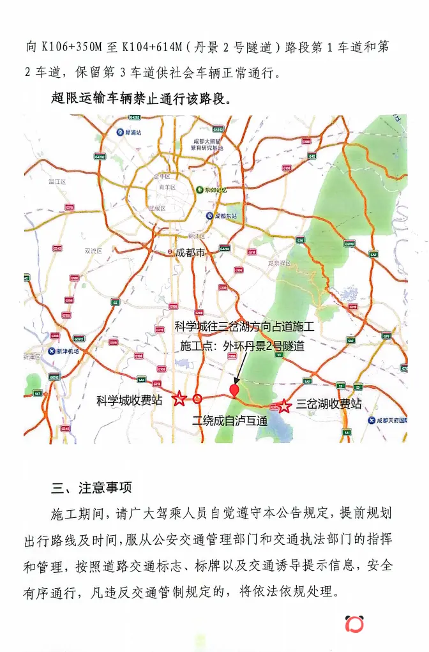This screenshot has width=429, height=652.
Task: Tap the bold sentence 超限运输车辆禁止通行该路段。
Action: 140,100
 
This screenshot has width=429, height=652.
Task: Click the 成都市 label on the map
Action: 189,253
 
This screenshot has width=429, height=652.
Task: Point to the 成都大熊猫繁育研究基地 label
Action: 207,144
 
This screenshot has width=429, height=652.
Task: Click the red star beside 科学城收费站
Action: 180,399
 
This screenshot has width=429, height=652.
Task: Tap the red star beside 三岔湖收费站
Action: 285,405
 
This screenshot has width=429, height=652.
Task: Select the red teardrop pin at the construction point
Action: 235,390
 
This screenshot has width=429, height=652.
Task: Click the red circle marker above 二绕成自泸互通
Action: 198,399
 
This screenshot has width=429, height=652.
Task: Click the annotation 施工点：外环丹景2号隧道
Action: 242,346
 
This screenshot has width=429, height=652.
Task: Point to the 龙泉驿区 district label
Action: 279,262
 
